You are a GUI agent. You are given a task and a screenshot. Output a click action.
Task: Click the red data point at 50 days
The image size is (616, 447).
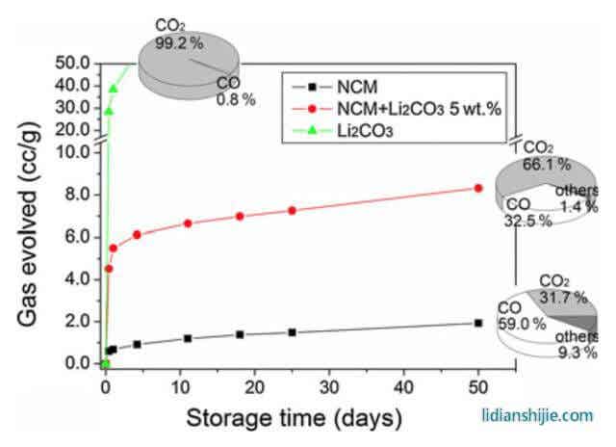[478, 188]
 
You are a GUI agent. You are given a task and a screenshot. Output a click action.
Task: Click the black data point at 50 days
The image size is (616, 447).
[478, 323]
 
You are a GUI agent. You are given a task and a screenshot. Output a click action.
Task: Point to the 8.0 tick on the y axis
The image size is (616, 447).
[75, 195]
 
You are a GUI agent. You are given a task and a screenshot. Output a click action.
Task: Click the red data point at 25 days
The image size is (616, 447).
[293, 210]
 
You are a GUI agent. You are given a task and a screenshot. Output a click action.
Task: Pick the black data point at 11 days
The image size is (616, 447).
[188, 338]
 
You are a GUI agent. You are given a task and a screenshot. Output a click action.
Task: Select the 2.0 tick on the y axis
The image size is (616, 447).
[75, 321]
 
